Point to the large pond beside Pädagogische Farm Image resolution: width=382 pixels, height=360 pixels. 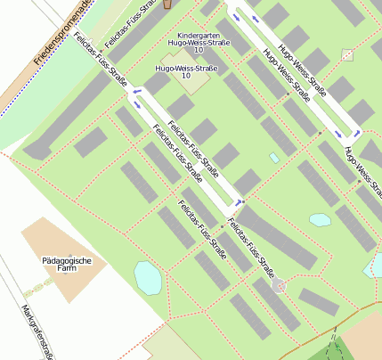(147, 277)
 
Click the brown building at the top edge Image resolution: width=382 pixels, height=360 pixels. (167, 4)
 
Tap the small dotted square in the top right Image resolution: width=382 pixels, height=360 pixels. (347, 55)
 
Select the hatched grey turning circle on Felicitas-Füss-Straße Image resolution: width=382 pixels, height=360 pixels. (280, 285)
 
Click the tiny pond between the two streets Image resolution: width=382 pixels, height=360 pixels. (274, 158)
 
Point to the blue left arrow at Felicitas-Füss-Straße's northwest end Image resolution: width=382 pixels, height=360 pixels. (136, 91)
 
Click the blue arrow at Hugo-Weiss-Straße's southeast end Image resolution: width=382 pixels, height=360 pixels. (339, 134)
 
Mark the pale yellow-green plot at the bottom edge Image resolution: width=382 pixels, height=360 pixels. (174, 345)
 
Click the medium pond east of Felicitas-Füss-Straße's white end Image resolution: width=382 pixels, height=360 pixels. (320, 219)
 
